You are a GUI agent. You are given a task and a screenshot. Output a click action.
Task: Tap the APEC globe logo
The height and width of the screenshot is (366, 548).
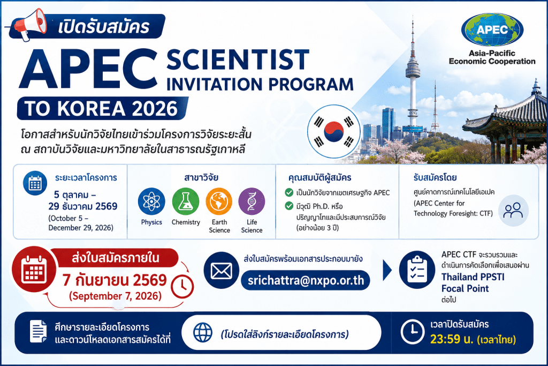coord(492,30)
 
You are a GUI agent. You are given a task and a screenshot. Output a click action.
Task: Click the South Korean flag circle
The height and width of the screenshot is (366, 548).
coord(334,132)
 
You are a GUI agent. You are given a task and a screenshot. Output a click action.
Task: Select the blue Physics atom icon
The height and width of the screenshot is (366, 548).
coord(151,201)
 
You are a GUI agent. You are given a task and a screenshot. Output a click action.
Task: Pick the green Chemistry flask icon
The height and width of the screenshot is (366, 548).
coord(186,201)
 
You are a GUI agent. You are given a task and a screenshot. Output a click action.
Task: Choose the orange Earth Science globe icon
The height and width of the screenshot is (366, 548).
coord(219,201)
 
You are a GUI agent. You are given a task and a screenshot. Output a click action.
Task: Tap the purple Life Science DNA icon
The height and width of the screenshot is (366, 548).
coord(252,201)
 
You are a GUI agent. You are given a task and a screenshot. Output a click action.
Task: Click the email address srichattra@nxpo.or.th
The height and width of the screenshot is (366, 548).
coord(306,281)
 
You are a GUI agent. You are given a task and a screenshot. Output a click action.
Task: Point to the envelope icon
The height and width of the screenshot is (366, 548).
coord(221,271)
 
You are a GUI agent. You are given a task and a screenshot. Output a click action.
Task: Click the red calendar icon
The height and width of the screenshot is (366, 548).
coord(34,269)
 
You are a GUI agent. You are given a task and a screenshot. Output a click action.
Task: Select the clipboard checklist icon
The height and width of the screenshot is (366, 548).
coord(417,270)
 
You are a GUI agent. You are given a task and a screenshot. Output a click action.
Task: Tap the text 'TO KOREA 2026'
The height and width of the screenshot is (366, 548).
coord(101,108)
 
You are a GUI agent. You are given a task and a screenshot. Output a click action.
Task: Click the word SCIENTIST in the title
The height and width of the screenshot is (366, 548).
coord(238,59)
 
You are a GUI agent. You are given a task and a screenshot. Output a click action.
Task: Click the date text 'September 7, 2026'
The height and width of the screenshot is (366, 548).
coord(116,296)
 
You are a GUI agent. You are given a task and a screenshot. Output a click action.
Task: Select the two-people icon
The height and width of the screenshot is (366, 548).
coord(513,211)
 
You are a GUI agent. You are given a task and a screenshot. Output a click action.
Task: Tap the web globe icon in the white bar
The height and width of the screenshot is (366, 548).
coord(203,332)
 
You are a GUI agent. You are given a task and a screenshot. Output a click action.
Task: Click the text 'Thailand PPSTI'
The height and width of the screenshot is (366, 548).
coord(473,277)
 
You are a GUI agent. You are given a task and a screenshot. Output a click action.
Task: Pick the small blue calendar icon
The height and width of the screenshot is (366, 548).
coord(35,183)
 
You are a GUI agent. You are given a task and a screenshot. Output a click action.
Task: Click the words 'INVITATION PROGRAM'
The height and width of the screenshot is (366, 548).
coord(260,84)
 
